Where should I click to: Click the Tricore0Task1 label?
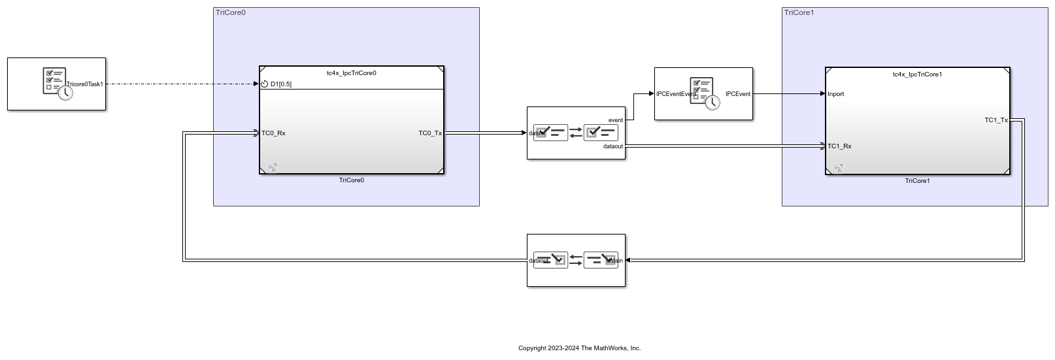[x=85, y=84]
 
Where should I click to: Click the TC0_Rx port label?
[x=273, y=133]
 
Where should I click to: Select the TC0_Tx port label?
[x=430, y=133]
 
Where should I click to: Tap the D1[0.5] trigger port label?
[x=280, y=84]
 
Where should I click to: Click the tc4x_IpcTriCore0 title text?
[x=351, y=73]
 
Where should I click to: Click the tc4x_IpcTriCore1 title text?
[x=917, y=74]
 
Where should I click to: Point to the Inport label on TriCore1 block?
[x=835, y=94]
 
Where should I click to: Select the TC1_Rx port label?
[x=839, y=146]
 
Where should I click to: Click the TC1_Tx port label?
[x=996, y=120]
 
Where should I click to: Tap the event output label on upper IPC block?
[x=615, y=120]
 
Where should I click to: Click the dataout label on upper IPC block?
[x=612, y=146]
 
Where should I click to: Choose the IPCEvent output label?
[x=738, y=94]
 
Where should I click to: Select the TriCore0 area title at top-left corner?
[x=231, y=12]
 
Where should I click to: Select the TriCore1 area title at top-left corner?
[x=799, y=12]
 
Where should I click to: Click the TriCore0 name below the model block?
[x=351, y=180]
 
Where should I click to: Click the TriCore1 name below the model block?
[x=917, y=181]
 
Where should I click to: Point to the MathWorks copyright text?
[x=579, y=348]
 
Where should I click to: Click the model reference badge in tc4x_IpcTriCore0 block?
[x=271, y=168]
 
